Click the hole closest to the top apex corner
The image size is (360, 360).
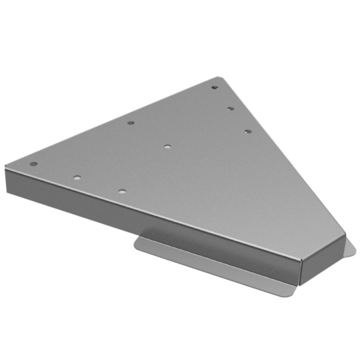(215, 87)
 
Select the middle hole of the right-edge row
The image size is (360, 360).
(230, 108)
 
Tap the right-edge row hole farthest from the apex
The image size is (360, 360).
(248, 131)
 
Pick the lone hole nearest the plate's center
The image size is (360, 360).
(167, 147)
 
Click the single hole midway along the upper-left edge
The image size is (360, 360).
(130, 122)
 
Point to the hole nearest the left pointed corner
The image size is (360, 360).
(34, 164)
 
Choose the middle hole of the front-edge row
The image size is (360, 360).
(77, 177)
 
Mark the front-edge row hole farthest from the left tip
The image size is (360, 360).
(122, 192)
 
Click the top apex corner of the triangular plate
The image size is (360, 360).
(218, 78)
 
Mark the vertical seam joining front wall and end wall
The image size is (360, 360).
(300, 272)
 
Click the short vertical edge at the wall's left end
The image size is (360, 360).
(6, 180)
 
